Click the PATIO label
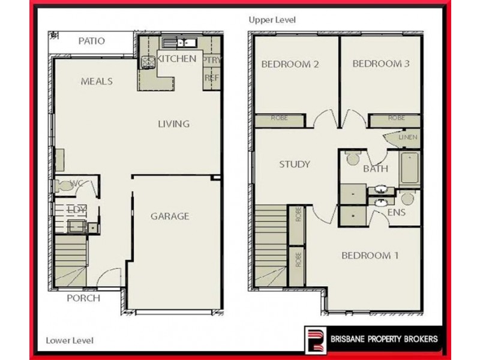coord(92,41)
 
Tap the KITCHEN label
coord(176,59)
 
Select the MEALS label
coord(97,82)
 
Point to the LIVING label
coord(173,124)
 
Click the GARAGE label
coord(170,216)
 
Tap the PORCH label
coord(83,298)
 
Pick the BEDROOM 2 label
coord(290,64)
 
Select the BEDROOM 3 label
coord(380,64)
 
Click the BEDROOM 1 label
coord(370,256)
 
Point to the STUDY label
coord(294,164)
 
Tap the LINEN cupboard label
coord(408,138)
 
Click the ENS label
coord(397,212)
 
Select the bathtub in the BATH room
coord(411,168)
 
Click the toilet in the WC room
coord(64,187)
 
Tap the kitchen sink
coord(179,43)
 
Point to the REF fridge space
coord(211,78)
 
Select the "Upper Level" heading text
coord(272,20)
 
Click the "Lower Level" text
coord(70,341)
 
